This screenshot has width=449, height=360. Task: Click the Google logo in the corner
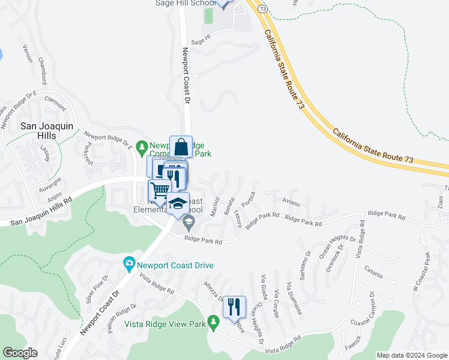tap(20, 353)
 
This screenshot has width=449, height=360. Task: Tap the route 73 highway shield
tap(262, 8)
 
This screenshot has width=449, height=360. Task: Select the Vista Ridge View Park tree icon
tap(213, 323)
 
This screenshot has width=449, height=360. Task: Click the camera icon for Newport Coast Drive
tap(128, 263)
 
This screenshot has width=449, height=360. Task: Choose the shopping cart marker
tap(160, 191)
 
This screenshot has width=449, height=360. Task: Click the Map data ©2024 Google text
tap(412, 355)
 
